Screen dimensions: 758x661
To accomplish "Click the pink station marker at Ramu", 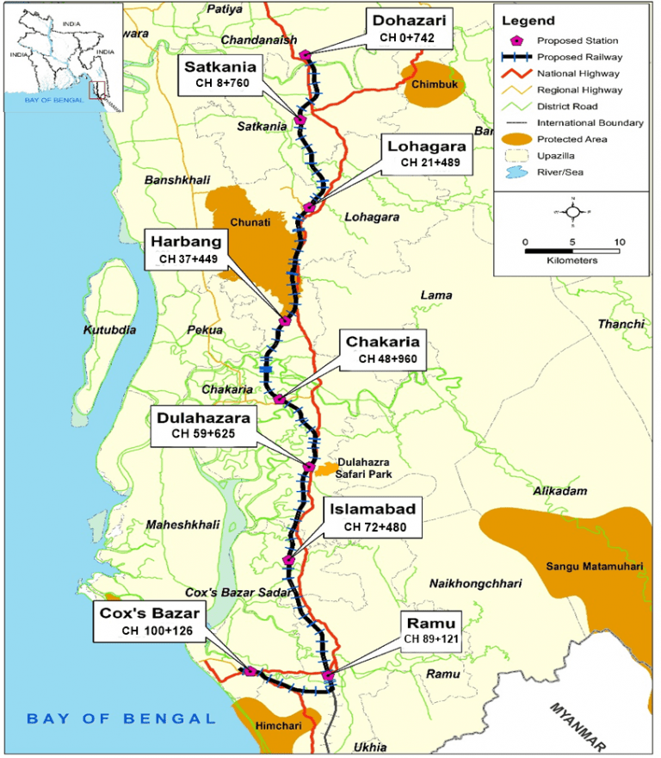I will [x=328, y=675].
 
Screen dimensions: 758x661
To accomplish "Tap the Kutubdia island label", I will [x=109, y=330].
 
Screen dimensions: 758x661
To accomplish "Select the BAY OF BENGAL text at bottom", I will [x=120, y=718].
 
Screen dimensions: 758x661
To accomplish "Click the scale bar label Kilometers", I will [x=572, y=260].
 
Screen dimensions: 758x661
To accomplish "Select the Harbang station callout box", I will [x=188, y=249].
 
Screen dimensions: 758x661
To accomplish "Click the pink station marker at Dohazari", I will [x=306, y=55].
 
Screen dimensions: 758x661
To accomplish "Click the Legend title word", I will [x=528, y=21].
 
